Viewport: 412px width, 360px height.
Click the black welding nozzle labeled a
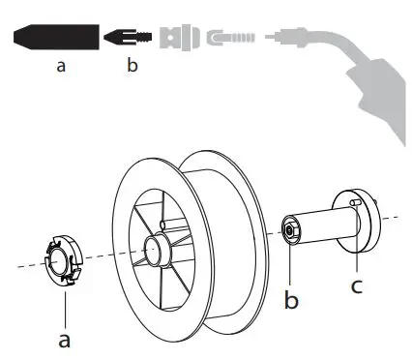[59, 37]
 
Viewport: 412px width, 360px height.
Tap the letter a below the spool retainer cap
[65, 341]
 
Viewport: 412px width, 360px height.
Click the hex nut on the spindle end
[288, 231]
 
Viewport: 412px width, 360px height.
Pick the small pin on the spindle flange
[356, 202]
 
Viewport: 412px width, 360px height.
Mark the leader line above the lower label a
[65, 310]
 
